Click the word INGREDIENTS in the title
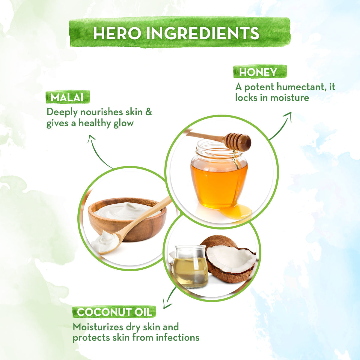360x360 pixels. pos(203,33)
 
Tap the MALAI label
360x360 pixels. pos(67,97)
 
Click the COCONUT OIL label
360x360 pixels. pos(114,312)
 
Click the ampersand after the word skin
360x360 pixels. pos(149,112)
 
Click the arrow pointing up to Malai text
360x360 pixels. pos(97,151)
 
